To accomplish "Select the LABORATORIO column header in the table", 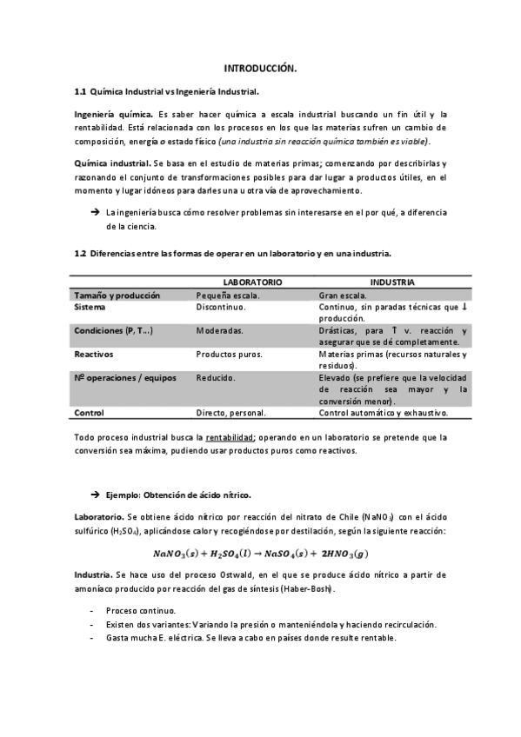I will click(x=252, y=282).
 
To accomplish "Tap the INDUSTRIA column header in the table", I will click(x=391, y=282).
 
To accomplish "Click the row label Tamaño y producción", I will click(x=117, y=295).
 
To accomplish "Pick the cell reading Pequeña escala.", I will click(x=229, y=295).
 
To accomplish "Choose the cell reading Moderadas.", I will click(x=219, y=330).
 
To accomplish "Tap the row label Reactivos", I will click(x=95, y=354).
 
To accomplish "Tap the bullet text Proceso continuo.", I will click(x=140, y=611).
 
